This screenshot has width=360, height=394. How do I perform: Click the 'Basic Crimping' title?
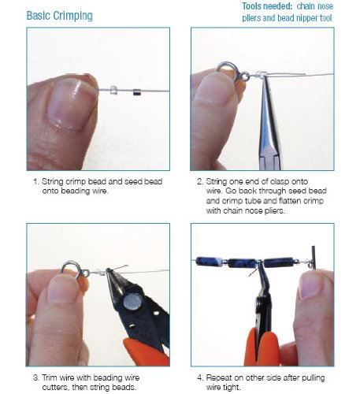60,16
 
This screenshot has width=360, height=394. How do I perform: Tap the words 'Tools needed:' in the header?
267,6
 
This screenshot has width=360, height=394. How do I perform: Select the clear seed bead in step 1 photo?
113,90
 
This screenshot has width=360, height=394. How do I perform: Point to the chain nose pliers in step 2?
269,124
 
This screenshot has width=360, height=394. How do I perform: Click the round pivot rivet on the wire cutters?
132,301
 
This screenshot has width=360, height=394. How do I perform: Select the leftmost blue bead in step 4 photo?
209,262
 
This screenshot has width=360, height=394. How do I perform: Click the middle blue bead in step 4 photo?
242,263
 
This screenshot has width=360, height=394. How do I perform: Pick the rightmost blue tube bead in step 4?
278,262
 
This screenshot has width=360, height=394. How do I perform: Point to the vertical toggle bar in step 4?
314,258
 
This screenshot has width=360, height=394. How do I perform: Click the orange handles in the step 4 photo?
262,348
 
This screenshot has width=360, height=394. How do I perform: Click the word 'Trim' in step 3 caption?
50,377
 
